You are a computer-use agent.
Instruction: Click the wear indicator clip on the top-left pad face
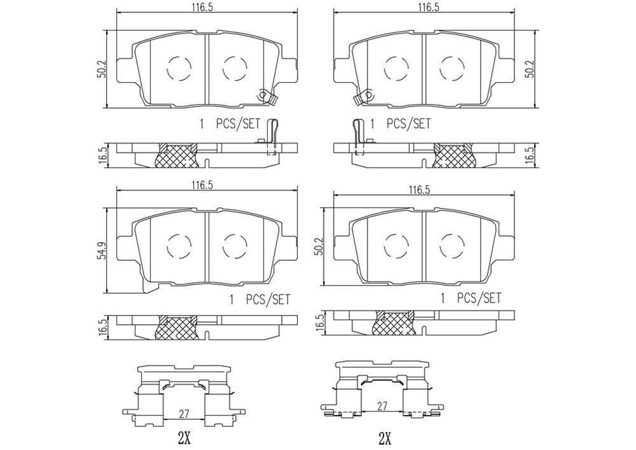(x=263, y=96)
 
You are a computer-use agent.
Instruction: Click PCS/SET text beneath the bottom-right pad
(x=478, y=298)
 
